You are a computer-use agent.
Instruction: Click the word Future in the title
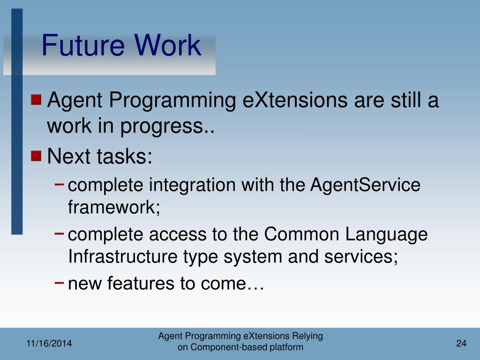83,45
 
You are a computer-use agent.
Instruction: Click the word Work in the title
167,45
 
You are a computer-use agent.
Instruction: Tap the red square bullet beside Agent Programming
36,99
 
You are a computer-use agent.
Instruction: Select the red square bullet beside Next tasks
36,156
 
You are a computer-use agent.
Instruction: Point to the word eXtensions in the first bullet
295,100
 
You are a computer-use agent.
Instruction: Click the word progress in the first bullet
162,127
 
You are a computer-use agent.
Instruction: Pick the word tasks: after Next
124,156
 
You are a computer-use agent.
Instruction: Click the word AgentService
365,185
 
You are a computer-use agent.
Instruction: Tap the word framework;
114,207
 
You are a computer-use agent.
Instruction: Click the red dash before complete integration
59,184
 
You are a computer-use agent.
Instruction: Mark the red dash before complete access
59,233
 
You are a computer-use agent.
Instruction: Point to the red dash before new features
59,282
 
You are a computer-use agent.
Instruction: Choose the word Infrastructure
123,256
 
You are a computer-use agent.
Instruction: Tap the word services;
361,257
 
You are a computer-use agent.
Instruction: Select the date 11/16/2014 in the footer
49,344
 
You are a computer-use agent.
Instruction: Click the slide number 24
461,343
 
